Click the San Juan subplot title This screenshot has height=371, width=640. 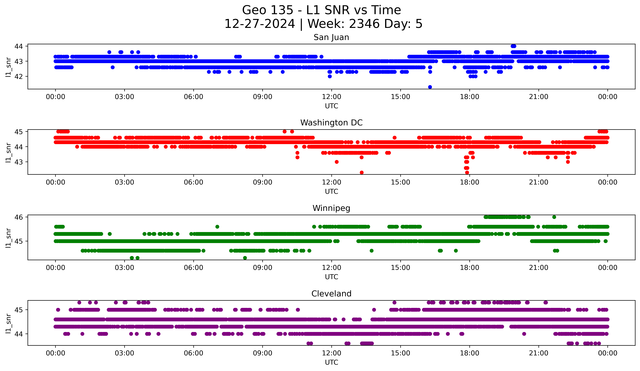point(331,37)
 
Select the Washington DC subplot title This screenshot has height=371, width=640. point(331,123)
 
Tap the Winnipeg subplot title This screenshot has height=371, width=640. point(331,208)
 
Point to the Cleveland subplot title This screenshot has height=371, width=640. point(331,294)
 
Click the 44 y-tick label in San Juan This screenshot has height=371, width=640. point(18,46)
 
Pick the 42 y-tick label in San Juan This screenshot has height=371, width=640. point(18,76)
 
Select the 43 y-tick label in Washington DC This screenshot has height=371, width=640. point(18,162)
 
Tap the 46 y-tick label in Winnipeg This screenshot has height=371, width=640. point(18,217)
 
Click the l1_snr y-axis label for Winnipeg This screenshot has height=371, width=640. point(8,238)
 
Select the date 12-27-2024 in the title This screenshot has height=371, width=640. point(260,24)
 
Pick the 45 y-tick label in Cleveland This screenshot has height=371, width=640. point(18,310)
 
